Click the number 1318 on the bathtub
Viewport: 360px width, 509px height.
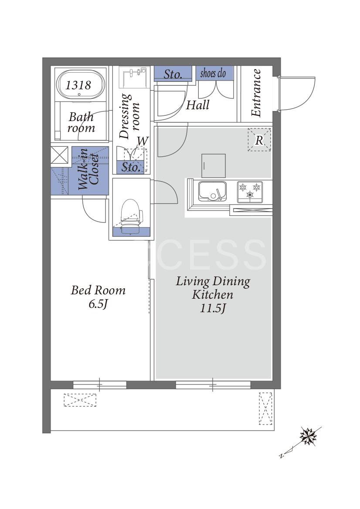coord(78,85)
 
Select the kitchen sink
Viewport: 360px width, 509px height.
coord(213,191)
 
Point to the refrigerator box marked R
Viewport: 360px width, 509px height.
coord(259,140)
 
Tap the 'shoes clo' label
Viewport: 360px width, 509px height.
coord(213,73)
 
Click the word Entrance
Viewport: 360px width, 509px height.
coord(256,93)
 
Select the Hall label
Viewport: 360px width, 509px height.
coord(197,105)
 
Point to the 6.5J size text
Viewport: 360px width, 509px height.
coord(98,304)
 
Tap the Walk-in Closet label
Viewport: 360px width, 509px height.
coord(88,169)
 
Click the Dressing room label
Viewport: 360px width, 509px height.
coord(129,116)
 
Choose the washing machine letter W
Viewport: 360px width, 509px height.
coord(143,141)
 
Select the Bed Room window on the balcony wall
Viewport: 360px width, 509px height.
coord(100,385)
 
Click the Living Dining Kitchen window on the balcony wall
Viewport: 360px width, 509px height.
coord(213,385)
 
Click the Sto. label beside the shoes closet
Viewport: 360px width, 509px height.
coord(173,74)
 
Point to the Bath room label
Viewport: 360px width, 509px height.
coord(81,122)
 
